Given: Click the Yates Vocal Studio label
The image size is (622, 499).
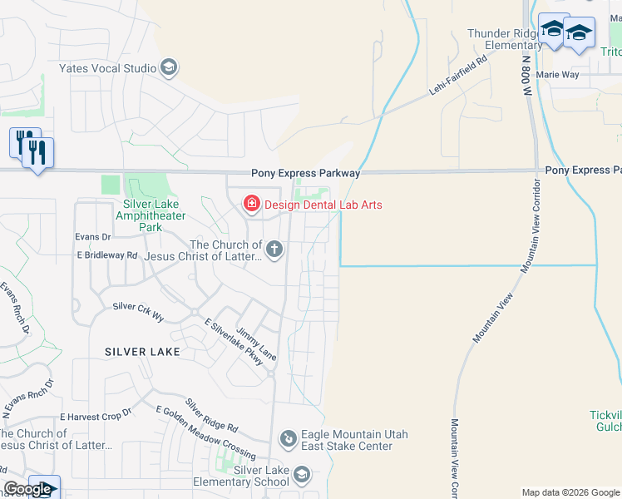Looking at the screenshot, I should [x=107, y=67].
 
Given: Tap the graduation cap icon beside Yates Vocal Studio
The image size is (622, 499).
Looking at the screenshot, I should [x=169, y=67].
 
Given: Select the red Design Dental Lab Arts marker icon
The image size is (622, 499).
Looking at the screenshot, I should [x=250, y=203].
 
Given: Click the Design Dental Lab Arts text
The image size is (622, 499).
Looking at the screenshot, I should [x=323, y=204].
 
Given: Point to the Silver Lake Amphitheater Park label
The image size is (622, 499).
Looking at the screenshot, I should [x=151, y=215].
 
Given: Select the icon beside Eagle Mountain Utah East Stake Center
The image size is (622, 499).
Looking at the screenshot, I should [x=288, y=437].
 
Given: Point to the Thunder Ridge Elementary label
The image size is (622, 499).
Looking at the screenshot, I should [x=505, y=39].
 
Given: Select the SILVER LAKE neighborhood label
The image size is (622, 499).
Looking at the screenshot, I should [x=143, y=352].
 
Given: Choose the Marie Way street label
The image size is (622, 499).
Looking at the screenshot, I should [x=557, y=74].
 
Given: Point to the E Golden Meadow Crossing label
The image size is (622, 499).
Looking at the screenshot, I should [x=205, y=432].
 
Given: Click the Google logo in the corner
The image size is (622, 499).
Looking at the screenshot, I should [x=27, y=489].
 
